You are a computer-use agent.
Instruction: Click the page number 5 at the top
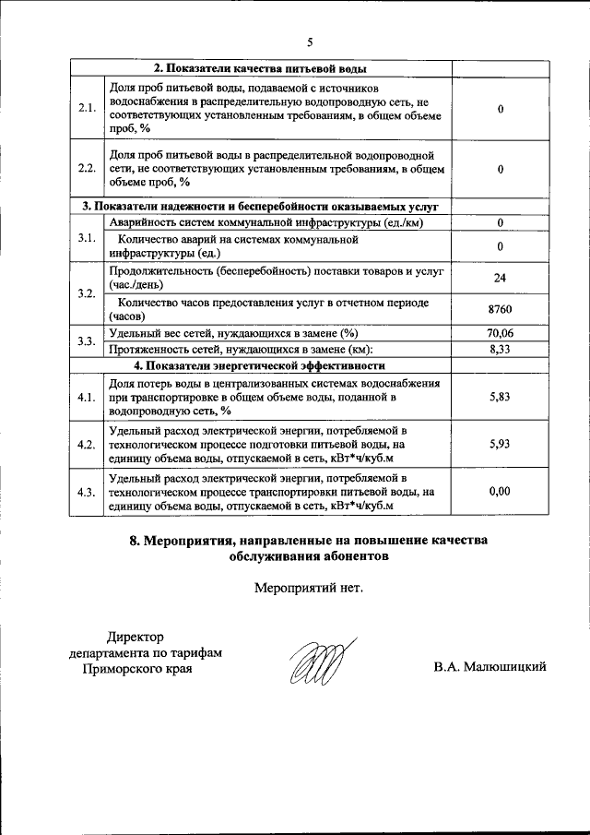point(311,42)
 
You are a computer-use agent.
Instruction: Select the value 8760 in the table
point(500,309)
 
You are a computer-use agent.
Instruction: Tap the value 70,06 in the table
point(500,332)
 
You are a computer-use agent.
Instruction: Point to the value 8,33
point(500,349)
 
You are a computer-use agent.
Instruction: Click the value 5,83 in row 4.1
point(500,397)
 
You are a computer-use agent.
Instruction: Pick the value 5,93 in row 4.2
point(500,444)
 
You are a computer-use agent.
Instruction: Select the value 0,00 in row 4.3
point(500,491)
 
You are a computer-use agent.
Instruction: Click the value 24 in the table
point(500,278)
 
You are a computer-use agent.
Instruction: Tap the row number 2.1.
point(88,108)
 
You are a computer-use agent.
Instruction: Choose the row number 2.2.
point(88,168)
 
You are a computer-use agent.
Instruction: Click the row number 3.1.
point(88,238)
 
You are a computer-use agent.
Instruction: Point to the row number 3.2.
point(88,293)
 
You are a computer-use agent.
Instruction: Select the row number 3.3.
point(88,341)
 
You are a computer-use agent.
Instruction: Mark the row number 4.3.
point(88,492)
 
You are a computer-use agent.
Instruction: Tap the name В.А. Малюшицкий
point(490,667)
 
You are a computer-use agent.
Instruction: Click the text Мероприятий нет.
point(309,587)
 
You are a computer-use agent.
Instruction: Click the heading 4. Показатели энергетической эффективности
point(259,365)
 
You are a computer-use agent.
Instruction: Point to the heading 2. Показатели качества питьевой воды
point(260,69)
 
